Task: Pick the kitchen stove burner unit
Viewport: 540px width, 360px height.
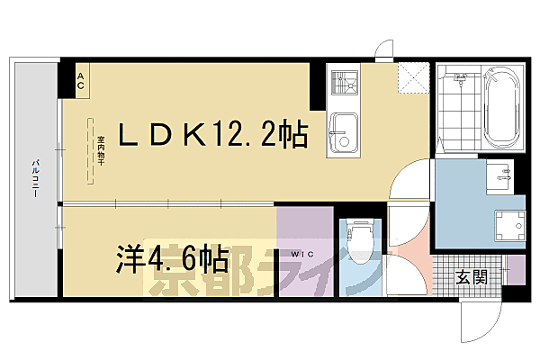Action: click(x=344, y=86)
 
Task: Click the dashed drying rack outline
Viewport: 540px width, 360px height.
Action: click(x=92, y=152)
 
